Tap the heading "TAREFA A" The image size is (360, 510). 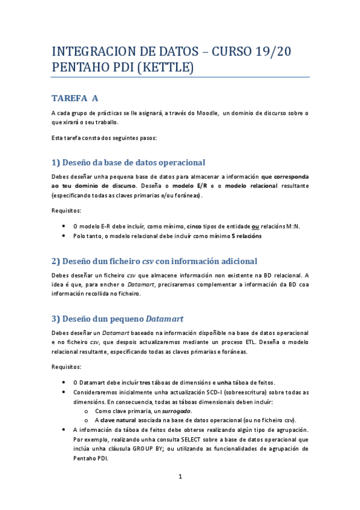coord(75,98)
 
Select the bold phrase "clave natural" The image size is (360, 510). coord(119,420)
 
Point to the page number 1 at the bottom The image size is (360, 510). coord(180,477)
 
